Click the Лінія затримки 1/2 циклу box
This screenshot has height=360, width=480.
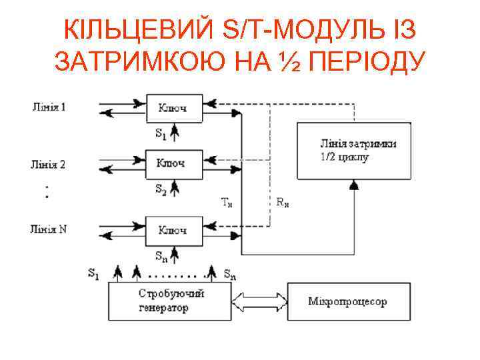click(352, 151)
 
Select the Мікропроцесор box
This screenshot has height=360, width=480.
click(347, 302)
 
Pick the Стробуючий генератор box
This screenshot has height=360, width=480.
click(171, 301)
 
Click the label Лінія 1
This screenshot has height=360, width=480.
click(49, 106)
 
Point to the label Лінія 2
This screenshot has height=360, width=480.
click(49, 164)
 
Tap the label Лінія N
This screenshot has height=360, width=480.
click(49, 229)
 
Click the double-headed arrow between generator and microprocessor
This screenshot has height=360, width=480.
click(259, 301)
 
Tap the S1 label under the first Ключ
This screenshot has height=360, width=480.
click(161, 134)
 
